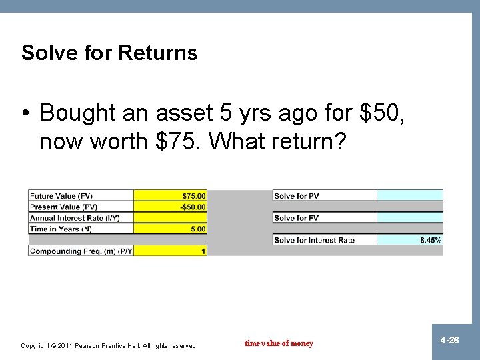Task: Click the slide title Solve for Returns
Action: tap(109, 53)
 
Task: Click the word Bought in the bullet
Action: tap(79, 113)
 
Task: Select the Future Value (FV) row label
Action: tap(61, 196)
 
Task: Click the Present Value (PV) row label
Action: tap(63, 207)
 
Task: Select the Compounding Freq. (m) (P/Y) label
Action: tap(81, 251)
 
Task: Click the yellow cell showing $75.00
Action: tap(171, 196)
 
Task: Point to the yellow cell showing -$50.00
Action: tap(171, 207)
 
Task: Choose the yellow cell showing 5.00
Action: tap(171, 229)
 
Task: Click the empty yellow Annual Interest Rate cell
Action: tap(171, 218)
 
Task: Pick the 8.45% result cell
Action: tap(410, 240)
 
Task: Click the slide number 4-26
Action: tap(449, 341)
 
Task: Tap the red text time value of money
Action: tap(279, 343)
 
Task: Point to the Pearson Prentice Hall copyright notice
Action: tap(109, 345)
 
